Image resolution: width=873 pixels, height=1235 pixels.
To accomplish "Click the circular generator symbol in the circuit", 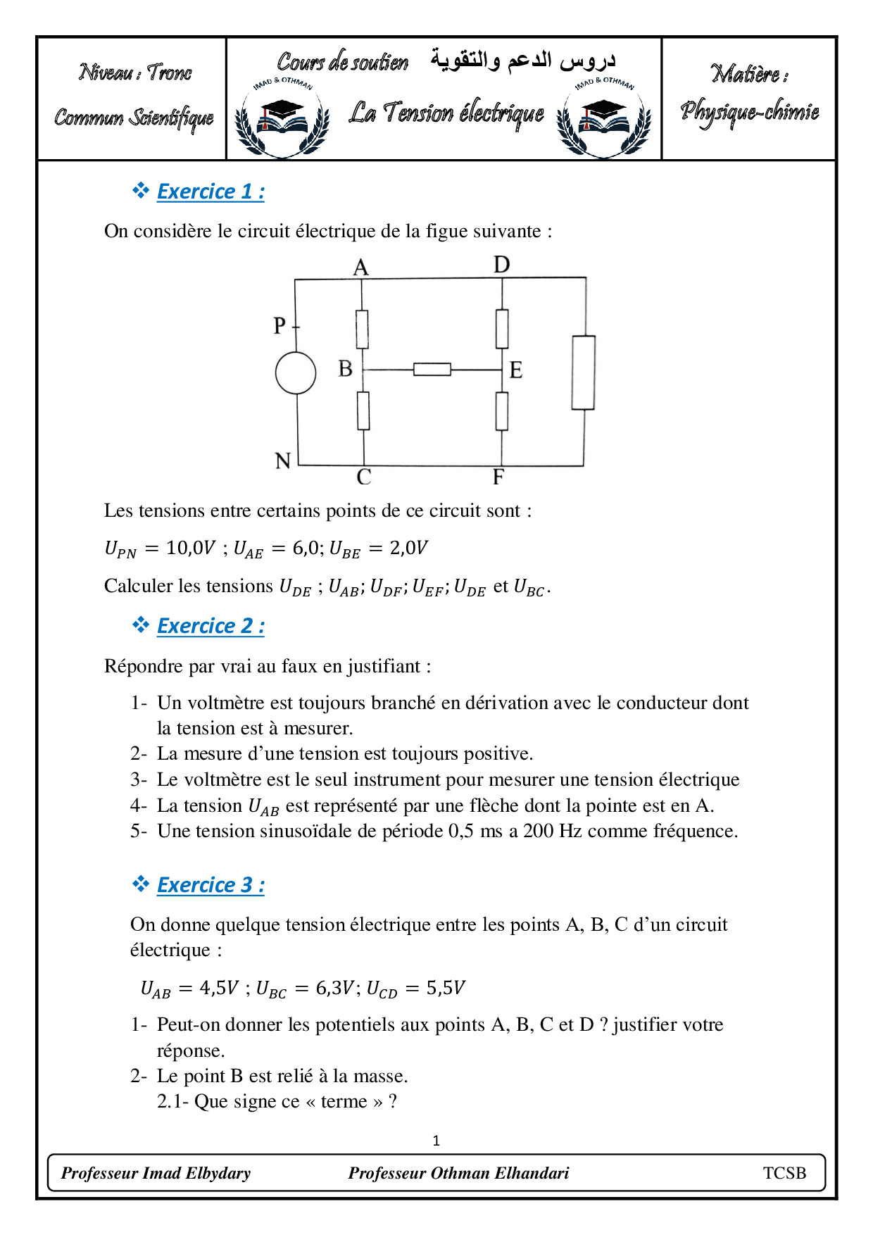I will (296, 372).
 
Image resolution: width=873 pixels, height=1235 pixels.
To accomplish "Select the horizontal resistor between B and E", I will (432, 369).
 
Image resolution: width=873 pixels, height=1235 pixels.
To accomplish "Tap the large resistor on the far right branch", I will (583, 372).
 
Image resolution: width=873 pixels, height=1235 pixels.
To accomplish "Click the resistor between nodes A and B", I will (362, 329).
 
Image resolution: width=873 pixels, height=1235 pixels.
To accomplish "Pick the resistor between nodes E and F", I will (502, 410).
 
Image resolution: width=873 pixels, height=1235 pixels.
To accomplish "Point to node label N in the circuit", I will (283, 461).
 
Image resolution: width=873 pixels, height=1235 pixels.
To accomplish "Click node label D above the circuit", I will (501, 265).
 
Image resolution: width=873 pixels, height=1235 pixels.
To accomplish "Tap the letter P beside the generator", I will (280, 325).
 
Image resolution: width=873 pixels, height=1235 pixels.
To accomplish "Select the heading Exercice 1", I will (210, 192).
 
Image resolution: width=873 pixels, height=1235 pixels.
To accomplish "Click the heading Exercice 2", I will (210, 626).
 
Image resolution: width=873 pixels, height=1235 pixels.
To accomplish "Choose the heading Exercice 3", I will (210, 885).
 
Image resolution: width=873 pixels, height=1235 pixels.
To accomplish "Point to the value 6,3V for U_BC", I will (334, 988).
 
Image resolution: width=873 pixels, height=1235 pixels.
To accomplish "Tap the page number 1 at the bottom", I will (436, 1141).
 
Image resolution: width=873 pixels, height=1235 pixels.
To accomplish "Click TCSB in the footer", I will (784, 1173).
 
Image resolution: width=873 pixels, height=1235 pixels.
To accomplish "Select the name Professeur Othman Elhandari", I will (458, 1173).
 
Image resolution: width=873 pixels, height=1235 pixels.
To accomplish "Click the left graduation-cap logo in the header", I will (282, 118).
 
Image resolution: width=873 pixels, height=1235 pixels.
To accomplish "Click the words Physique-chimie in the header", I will (749, 112).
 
